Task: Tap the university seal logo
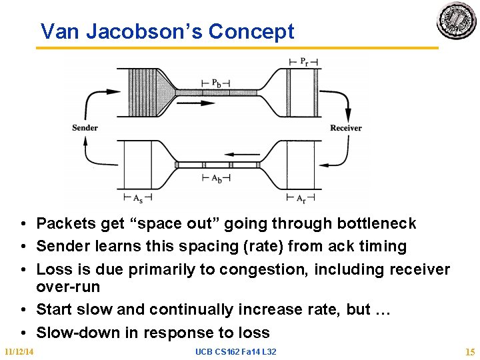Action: click(x=457, y=21)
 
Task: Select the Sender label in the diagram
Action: click(x=85, y=128)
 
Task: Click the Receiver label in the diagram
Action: click(x=346, y=128)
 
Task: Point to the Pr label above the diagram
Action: click(x=303, y=62)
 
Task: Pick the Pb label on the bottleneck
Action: click(x=217, y=83)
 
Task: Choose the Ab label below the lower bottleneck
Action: click(x=217, y=178)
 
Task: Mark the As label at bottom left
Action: click(x=138, y=197)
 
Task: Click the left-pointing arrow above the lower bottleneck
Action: click(x=217, y=153)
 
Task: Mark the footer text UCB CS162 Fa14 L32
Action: click(x=236, y=351)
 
